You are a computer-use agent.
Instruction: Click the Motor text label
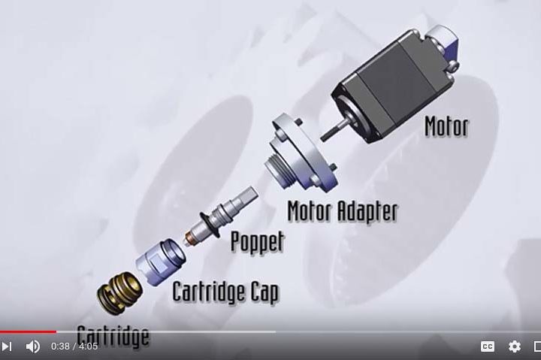coord(446,127)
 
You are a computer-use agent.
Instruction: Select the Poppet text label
coord(258,241)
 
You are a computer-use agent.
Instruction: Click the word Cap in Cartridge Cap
coord(264,292)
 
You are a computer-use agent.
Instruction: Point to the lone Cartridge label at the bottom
coord(113,335)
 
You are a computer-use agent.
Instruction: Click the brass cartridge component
coord(119,292)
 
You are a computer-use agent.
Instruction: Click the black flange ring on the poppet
coord(209,225)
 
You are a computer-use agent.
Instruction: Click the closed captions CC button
coord(488,346)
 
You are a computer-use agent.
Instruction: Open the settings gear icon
coord(515,346)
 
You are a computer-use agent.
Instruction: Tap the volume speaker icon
coord(33,346)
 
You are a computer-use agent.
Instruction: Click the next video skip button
coord(6,346)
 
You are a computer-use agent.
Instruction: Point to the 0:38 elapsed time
coord(60,346)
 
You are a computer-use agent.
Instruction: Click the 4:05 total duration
coord(89,346)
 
